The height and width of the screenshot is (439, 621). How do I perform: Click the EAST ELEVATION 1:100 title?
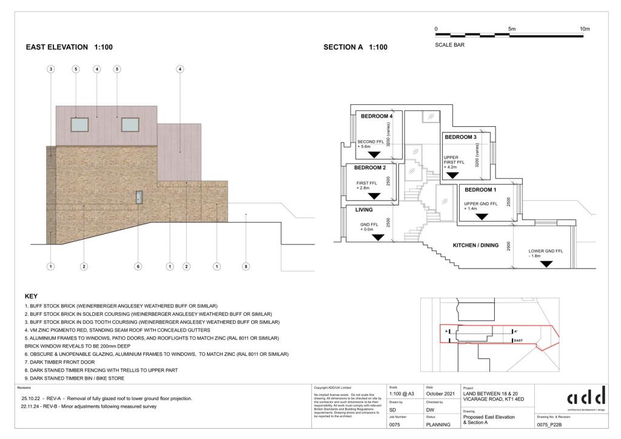pos(69,47)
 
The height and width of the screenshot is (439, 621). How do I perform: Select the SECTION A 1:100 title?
pos(355,47)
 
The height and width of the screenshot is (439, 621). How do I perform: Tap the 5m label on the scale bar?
pos(511,29)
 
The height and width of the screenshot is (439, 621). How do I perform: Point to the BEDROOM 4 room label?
pos(377,116)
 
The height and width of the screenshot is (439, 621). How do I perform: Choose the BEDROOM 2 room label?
pos(370,167)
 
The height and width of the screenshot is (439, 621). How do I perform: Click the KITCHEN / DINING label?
pos(476,246)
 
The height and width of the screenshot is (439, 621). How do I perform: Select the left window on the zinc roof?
pos(80,125)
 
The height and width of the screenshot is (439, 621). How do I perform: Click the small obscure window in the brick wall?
pos(139,197)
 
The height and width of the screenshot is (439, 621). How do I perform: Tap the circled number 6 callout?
pos(138,266)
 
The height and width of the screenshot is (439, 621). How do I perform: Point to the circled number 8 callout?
pos(246,266)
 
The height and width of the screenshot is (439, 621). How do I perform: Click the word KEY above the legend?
pos(31,297)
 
